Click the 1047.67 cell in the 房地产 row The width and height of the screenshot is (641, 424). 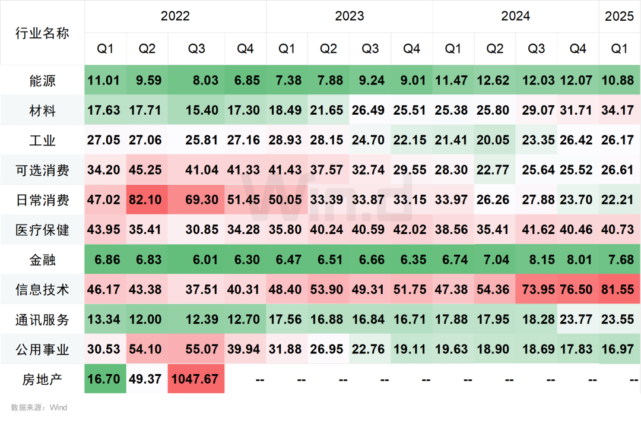pos(195,379)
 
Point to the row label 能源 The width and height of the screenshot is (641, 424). pos(42,81)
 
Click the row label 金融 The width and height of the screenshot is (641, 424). pos(42,260)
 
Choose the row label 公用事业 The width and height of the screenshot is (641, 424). pos(42,349)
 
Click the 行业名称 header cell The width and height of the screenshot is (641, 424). pos(42,33)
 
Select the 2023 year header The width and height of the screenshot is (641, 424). pos(349,16)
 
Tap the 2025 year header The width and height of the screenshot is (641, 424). pos(619,16)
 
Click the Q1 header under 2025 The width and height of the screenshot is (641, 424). pos(619,49)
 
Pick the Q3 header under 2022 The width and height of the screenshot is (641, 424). pos(196,49)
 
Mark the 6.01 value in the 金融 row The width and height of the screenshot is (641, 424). pos(205,260)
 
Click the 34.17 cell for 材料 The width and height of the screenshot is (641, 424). pos(617,110)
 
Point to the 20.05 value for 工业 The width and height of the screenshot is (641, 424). pos(493,140)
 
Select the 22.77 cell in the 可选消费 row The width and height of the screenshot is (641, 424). pos(493,170)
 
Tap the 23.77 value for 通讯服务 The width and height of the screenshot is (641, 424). pos(576,319)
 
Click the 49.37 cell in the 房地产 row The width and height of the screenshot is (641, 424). pos(145,379)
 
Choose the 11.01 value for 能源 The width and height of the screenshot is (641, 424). pos(103,81)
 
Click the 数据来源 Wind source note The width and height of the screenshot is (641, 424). pos(39,407)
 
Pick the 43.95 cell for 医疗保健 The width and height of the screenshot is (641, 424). pos(103,230)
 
